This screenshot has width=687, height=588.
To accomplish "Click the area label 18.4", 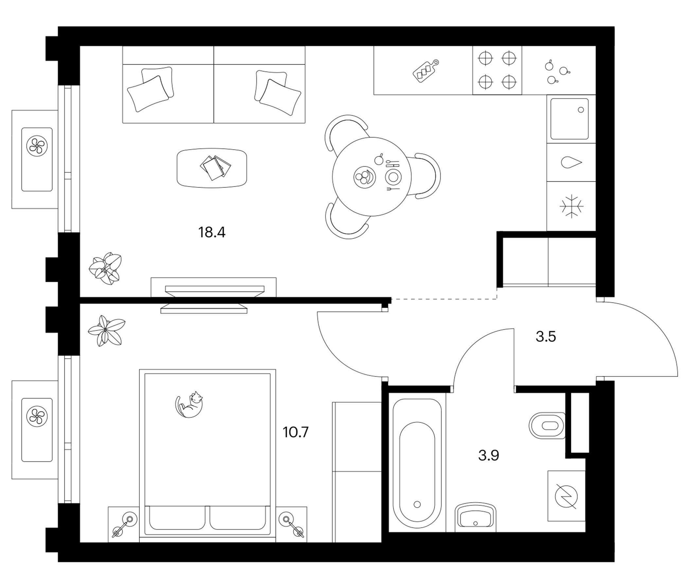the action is pos(212,232).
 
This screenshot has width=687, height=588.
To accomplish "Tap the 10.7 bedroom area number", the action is pos(295,432).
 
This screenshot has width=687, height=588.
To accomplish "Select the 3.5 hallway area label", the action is pos(546,337).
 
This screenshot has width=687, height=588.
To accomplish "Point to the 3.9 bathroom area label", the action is pos(488,455).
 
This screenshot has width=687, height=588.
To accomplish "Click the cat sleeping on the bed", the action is pos(189,404).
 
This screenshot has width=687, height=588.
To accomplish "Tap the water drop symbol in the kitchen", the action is pos(571,162).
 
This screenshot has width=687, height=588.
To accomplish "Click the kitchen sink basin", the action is pos(570,119).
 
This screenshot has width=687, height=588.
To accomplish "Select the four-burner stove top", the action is pos(497,70).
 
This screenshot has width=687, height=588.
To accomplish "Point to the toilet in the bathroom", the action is pos(547,425).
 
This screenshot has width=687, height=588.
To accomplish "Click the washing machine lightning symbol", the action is pos(567,497).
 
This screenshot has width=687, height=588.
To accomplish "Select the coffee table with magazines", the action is pos(212,168).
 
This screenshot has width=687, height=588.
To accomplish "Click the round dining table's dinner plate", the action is pos(393,177).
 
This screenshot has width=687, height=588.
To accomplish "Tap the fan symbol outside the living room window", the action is pos(37,146).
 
